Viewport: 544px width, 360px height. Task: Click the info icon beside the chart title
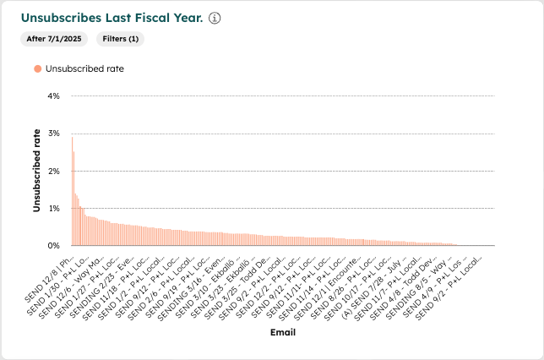pyautogui.click(x=215, y=19)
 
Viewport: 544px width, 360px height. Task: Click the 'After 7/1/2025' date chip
pyautogui.click(x=53, y=39)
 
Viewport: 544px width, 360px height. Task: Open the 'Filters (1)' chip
pyautogui.click(x=122, y=39)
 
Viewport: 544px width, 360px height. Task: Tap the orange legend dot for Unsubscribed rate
pyautogui.click(x=37, y=69)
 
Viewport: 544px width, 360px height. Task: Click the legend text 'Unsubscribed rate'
pyautogui.click(x=84, y=69)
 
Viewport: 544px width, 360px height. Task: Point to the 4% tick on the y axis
pyautogui.click(x=53, y=96)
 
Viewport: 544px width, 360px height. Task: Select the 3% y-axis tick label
pyautogui.click(x=53, y=134)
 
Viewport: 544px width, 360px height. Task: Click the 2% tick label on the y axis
pyautogui.click(x=53, y=171)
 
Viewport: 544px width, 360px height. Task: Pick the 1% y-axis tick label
pyautogui.click(x=53, y=208)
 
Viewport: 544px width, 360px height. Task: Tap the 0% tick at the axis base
pyautogui.click(x=53, y=246)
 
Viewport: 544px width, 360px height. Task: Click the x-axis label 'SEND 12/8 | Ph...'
pyautogui.click(x=53, y=271)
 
